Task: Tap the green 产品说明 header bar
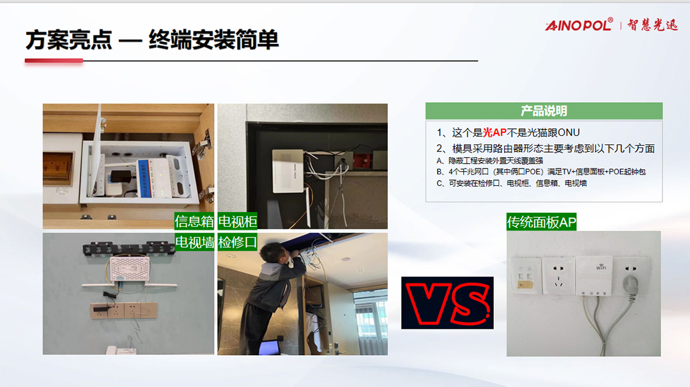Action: pyautogui.click(x=544, y=111)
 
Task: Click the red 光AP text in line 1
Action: pyautogui.click(x=494, y=132)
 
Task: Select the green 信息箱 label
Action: pyautogui.click(x=194, y=221)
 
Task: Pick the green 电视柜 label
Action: pyautogui.click(x=238, y=221)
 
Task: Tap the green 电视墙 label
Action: pyautogui.click(x=194, y=242)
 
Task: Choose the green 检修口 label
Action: pyautogui.click(x=238, y=242)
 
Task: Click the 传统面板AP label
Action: pyautogui.click(x=541, y=222)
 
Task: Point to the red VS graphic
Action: pyautogui.click(x=447, y=303)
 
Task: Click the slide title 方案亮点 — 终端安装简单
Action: pyautogui.click(x=152, y=40)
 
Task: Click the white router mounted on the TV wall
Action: pyautogui.click(x=129, y=268)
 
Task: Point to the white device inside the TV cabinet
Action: pyautogui.click(x=288, y=171)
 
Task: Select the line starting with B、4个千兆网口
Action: pyautogui.click(x=541, y=172)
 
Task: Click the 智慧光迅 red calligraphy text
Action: pyautogui.click(x=652, y=25)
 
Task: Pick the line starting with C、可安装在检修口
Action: pyautogui.click(x=511, y=183)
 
